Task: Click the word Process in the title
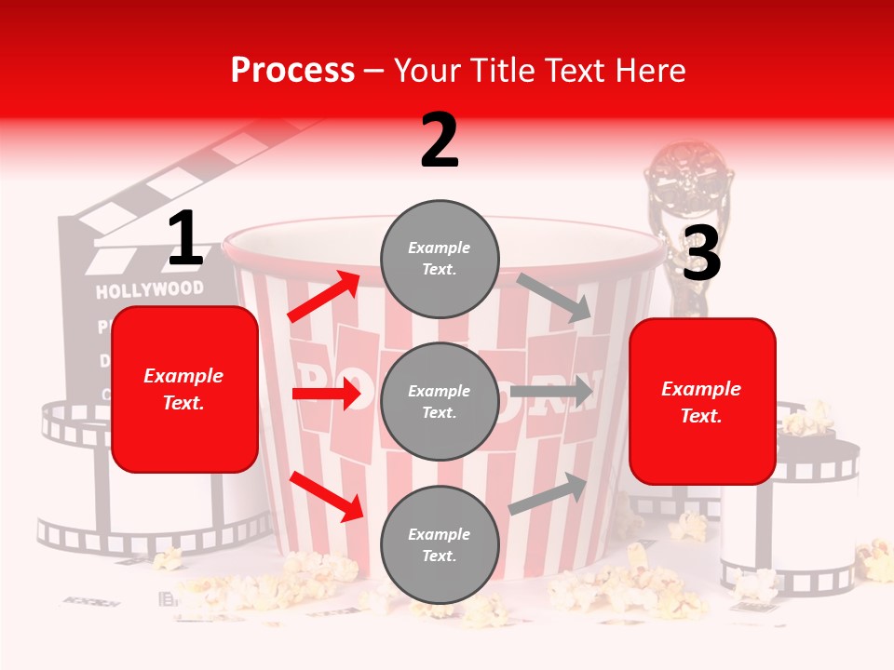click(292, 70)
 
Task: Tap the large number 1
click(185, 238)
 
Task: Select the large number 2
click(440, 141)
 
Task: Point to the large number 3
click(701, 254)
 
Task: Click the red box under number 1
click(184, 389)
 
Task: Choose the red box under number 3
click(702, 401)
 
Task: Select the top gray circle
click(440, 259)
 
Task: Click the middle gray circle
click(440, 401)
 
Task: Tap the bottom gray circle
click(440, 544)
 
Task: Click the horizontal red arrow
click(326, 395)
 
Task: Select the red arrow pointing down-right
click(327, 496)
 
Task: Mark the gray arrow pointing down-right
click(555, 297)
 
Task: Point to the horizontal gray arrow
click(551, 391)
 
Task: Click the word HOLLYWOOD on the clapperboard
click(149, 290)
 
